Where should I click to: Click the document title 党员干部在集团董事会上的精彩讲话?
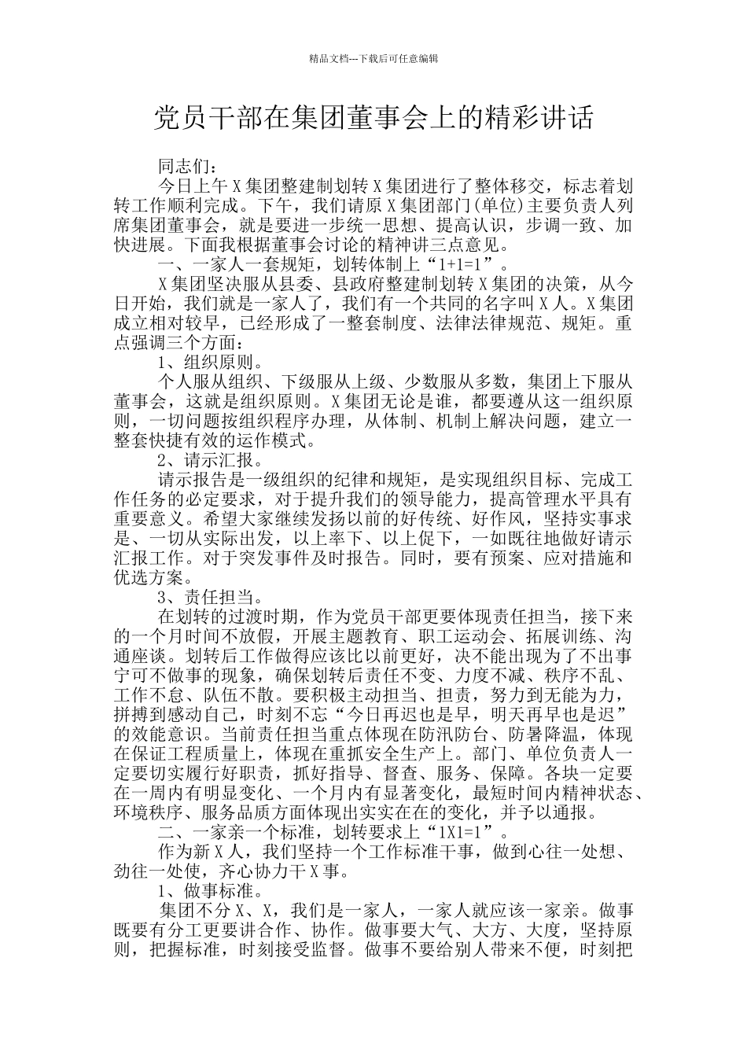click(x=373, y=119)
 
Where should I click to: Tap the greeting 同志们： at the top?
click(x=184, y=167)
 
